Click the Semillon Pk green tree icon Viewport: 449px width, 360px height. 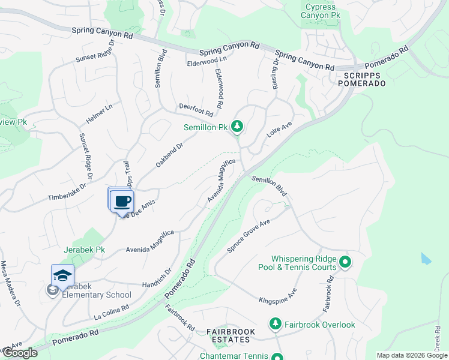[x=238, y=127]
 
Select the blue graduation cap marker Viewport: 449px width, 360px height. [x=62, y=275]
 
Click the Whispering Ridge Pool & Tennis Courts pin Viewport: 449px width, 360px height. [x=345, y=262]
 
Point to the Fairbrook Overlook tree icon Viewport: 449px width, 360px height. [x=276, y=324]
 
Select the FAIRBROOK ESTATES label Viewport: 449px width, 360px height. [x=231, y=335]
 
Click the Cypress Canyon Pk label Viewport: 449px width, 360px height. [x=320, y=11]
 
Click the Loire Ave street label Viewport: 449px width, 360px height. [x=279, y=130]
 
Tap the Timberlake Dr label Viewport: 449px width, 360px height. [x=67, y=192]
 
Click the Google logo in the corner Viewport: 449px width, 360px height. [x=19, y=353]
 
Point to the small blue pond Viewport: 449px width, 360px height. [x=426, y=259]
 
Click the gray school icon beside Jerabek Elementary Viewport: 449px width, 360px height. [x=52, y=290]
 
